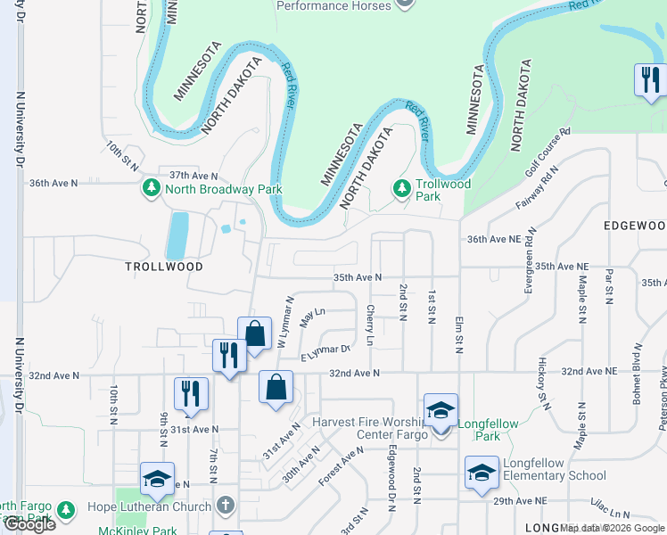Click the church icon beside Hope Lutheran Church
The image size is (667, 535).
tap(226, 505)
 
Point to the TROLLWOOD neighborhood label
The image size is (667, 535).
tap(163, 267)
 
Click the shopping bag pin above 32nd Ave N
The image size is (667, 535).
tap(254, 334)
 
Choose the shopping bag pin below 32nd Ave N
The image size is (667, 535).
tap(276, 387)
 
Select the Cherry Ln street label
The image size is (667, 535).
tap(370, 326)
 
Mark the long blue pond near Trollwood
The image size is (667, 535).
tap(177, 235)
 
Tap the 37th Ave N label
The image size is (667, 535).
tap(194, 176)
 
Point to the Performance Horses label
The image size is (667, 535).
tap(333, 5)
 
